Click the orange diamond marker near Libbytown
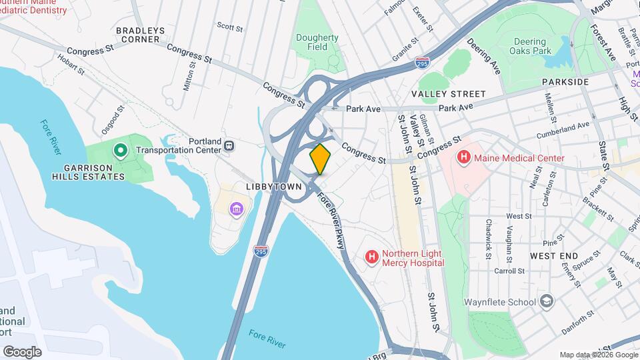click(x=321, y=159)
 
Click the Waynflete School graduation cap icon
click(x=547, y=301)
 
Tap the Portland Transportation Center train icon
click(x=229, y=145)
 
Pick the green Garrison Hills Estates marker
click(x=120, y=150)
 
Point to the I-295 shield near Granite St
click(x=421, y=63)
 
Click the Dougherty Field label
click(x=317, y=43)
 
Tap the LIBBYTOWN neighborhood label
click(x=273, y=187)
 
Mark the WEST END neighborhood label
click(x=554, y=255)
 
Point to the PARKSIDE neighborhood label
click(x=565, y=81)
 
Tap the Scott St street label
click(x=229, y=27)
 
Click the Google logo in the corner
click(x=22, y=351)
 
